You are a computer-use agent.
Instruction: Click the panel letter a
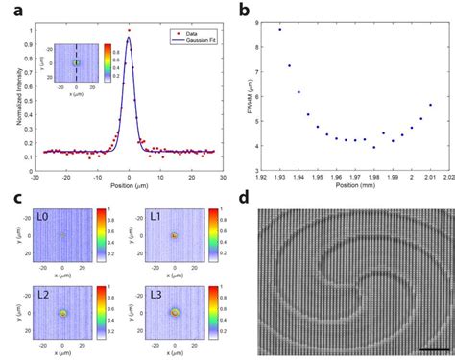(x=12, y=11)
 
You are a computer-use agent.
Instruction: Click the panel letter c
(x=12, y=198)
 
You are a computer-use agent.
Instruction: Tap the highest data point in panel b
(x=279, y=29)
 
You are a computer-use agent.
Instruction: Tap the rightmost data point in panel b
(x=430, y=105)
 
